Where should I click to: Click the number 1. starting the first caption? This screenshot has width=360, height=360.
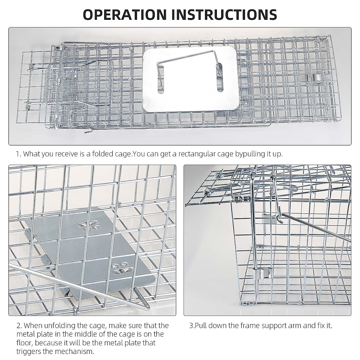coord(19,154)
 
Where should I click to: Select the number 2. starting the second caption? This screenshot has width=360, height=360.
coord(19,325)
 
